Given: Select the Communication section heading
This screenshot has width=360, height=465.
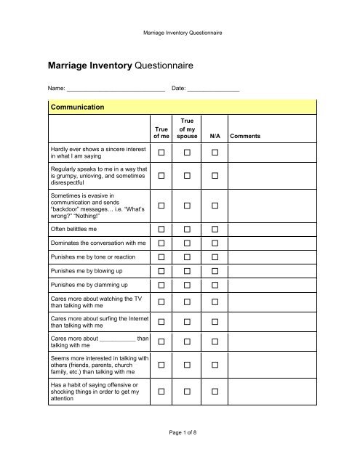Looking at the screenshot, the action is (76, 107).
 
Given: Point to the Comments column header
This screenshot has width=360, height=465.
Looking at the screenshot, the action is (246, 136).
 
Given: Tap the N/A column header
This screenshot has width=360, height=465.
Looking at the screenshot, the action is (215, 136).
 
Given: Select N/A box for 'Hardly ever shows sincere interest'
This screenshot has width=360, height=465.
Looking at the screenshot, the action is (215, 153).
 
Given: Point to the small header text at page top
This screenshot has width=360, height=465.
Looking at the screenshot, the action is (180, 33).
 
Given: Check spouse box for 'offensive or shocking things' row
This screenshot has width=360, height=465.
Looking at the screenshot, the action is (188, 392).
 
